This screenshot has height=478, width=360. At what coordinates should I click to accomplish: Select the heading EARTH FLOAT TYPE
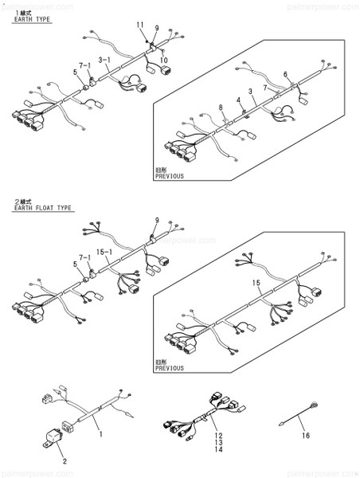pyautogui.click(x=42, y=208)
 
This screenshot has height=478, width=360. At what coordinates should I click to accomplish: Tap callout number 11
pyautogui.click(x=141, y=25)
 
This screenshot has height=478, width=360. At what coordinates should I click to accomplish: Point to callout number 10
pyautogui.click(x=164, y=60)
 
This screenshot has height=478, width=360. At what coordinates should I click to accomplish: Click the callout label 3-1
pyautogui.click(x=104, y=60)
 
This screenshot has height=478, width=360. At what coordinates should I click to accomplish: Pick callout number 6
pyautogui.click(x=284, y=74)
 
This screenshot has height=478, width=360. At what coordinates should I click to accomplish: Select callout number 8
pyautogui.click(x=221, y=107)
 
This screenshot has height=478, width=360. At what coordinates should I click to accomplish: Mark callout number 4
pyautogui.click(x=237, y=100)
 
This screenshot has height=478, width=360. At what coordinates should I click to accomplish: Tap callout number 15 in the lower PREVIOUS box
pyautogui.click(x=256, y=283)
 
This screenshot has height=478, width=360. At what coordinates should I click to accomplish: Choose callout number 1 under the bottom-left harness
pyautogui.click(x=101, y=434)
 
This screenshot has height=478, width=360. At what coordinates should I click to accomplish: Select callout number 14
pyautogui.click(x=216, y=452)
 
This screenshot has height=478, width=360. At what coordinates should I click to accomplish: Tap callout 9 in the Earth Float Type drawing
pyautogui.click(x=157, y=220)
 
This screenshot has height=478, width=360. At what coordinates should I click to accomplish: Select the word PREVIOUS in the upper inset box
pyautogui.click(x=169, y=175)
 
